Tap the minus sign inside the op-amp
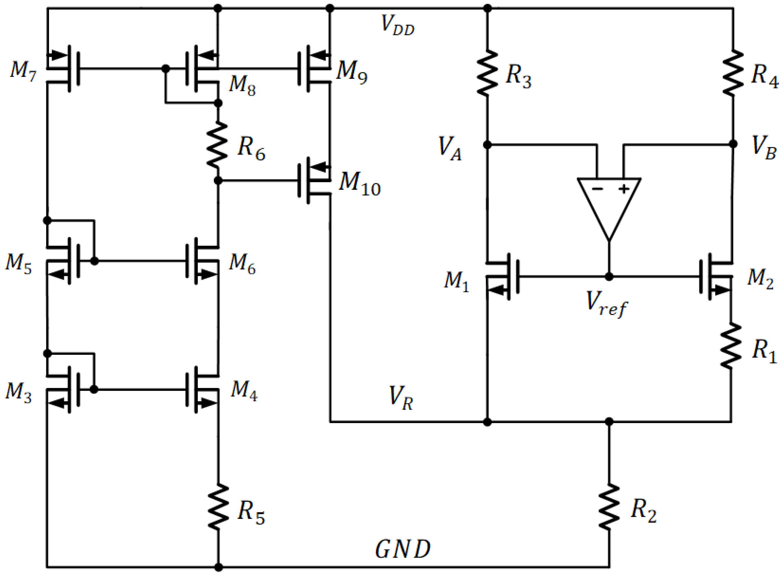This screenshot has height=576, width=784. [x=597, y=189]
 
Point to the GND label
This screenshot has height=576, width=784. [x=403, y=549]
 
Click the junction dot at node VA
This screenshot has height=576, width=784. [x=488, y=144]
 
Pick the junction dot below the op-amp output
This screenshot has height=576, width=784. [x=609, y=277]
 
